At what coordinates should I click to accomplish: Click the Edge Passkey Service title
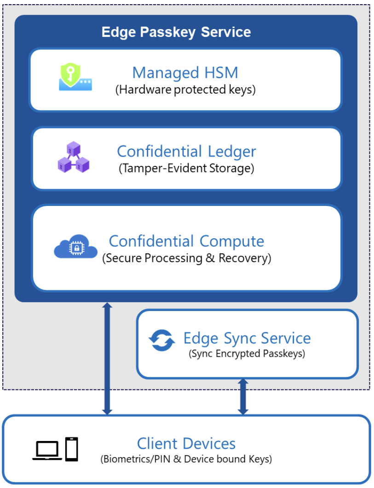[x=176, y=32]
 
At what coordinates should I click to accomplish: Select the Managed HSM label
[x=185, y=73]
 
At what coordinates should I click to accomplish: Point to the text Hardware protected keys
[x=185, y=89]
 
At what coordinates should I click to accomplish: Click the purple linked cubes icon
[x=73, y=157]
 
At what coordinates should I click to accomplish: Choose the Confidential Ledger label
[x=186, y=151]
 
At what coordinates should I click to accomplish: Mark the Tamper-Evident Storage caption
[x=186, y=168]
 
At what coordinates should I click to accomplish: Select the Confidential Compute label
[x=186, y=241]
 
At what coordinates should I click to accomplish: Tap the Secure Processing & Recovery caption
[x=186, y=258]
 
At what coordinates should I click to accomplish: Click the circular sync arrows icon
[x=161, y=341]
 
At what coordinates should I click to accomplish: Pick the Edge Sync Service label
[x=247, y=338]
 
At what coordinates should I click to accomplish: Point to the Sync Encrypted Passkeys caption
[x=247, y=354]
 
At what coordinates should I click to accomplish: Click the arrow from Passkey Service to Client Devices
[x=107, y=358]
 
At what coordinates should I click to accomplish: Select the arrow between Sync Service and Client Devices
[x=243, y=396]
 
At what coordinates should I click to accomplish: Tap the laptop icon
[x=47, y=450]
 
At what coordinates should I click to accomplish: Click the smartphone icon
[x=71, y=449]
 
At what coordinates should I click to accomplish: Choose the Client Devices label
[x=186, y=444]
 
